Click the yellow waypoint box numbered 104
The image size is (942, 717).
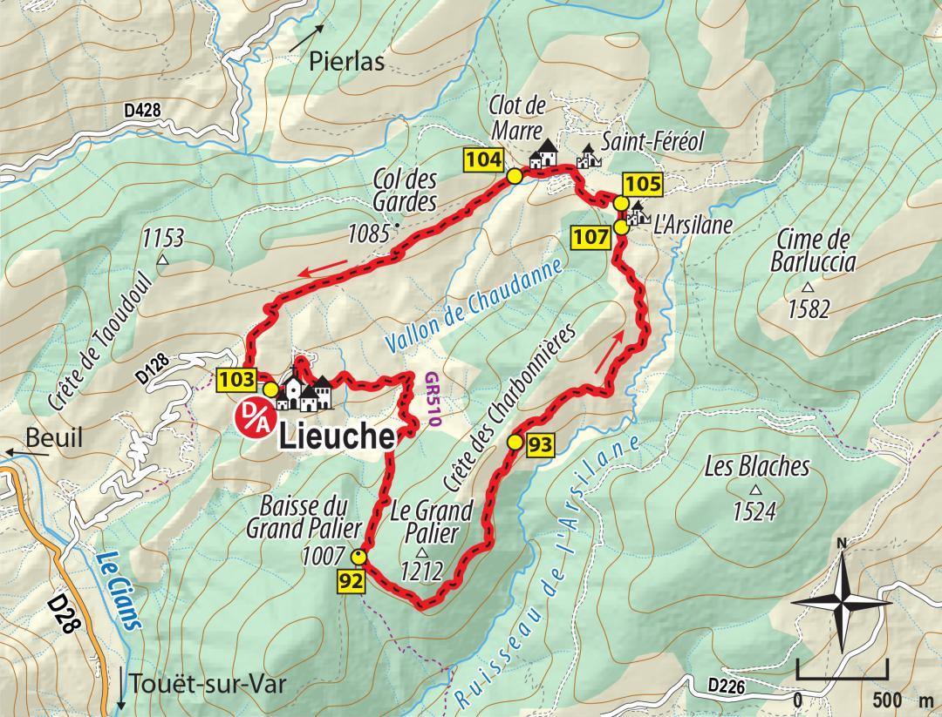click(483, 159)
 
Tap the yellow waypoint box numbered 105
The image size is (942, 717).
click(643, 184)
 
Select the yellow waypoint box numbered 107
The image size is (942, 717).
click(589, 236)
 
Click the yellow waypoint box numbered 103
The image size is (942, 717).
click(237, 379)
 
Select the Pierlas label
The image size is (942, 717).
click(346, 63)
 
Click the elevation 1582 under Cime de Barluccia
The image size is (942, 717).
click(809, 308)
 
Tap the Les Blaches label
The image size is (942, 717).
click(756, 467)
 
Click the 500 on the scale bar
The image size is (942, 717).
click(887, 700)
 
